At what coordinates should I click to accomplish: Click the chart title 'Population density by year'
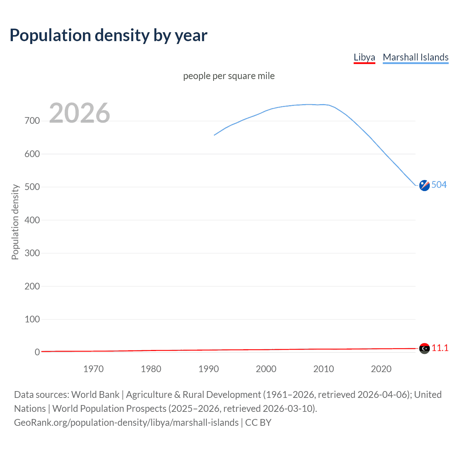pos(108,35)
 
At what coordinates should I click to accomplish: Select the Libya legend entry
pos(364,57)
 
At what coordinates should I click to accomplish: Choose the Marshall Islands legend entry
pos(415,57)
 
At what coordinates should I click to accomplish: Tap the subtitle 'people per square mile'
pos(229,76)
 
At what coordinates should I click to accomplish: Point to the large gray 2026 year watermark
pos(79,113)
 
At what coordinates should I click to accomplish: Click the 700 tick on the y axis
pos(32,121)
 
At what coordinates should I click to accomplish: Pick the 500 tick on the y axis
pos(32,187)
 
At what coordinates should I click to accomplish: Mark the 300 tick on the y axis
pos(32,253)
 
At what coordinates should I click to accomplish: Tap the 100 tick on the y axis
pos(32,319)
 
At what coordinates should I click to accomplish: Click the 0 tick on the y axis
pos(37,352)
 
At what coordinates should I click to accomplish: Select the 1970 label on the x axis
pos(93,369)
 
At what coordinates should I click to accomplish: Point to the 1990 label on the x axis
pos(209,369)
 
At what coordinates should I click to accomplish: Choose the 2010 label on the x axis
pos(323,369)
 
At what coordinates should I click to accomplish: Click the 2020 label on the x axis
pos(381,369)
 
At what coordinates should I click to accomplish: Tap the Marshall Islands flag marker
pos(424,185)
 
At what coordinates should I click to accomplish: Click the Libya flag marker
pos(424,348)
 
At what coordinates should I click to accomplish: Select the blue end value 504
pos(439,185)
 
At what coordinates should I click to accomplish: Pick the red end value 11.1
pos(440,348)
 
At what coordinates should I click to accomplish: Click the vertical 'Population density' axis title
pos(15,222)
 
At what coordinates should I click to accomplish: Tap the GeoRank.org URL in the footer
pos(126,423)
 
